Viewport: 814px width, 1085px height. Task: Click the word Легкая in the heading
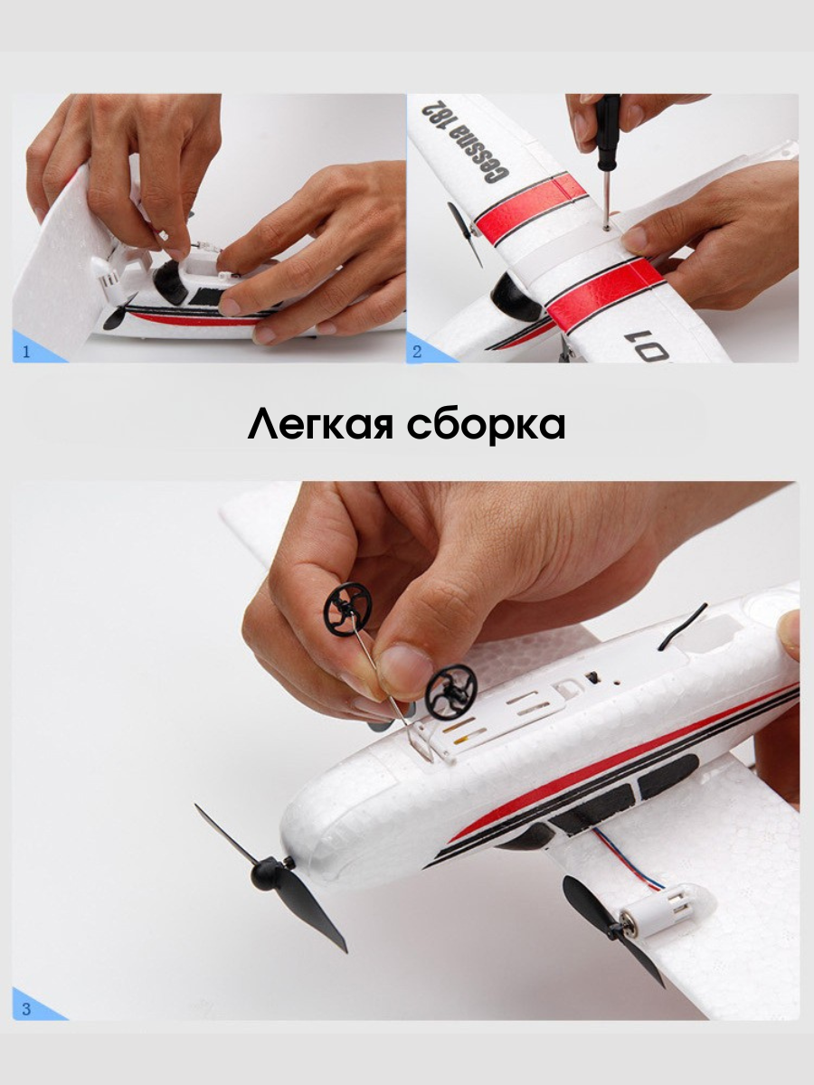pos(319,425)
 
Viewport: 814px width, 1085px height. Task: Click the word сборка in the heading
pos(486,424)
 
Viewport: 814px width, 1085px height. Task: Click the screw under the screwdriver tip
pos(606,228)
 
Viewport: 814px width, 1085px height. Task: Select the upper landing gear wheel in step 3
pos(347,609)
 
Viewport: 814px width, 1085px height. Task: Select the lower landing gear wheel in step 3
pos(450,692)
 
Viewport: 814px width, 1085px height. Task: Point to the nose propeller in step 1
pos(118,312)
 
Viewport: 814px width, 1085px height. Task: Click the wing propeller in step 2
pos(465,234)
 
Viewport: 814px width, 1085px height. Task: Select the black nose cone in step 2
pos(514,297)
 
